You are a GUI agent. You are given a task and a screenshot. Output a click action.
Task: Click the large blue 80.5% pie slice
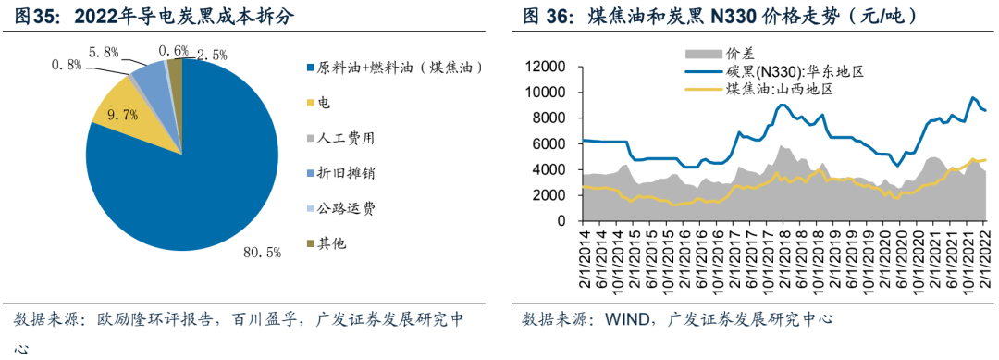click(194, 185)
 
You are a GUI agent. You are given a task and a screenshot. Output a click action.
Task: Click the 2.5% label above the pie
click(215, 55)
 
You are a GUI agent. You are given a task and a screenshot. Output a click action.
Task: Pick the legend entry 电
click(324, 103)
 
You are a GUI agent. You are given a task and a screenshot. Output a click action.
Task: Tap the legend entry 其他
click(331, 243)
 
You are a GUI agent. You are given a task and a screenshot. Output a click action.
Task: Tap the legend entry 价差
click(740, 53)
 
